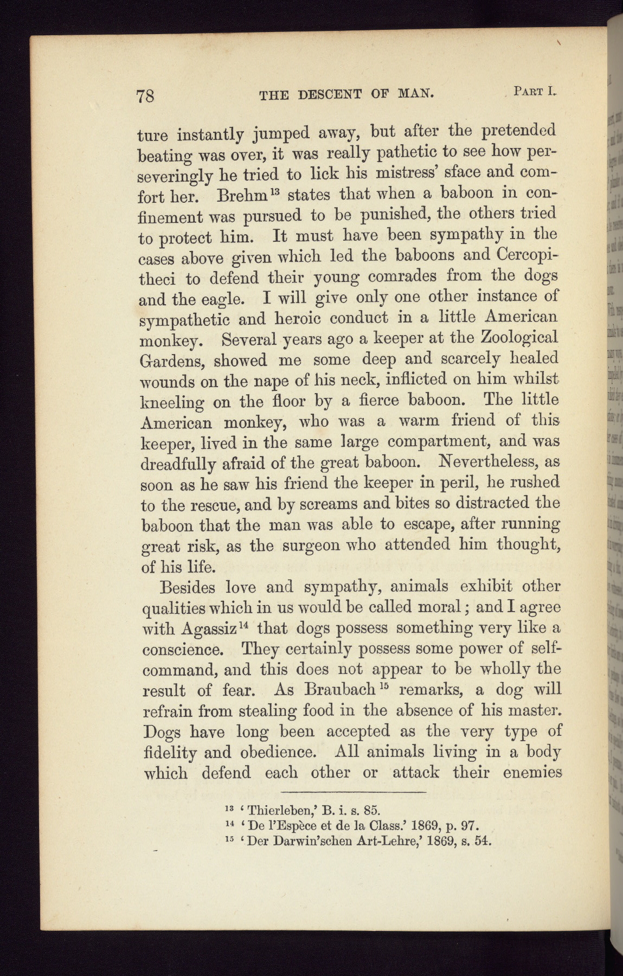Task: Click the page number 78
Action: (146, 96)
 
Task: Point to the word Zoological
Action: (519, 337)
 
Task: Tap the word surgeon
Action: (310, 545)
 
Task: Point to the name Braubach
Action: (341, 690)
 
